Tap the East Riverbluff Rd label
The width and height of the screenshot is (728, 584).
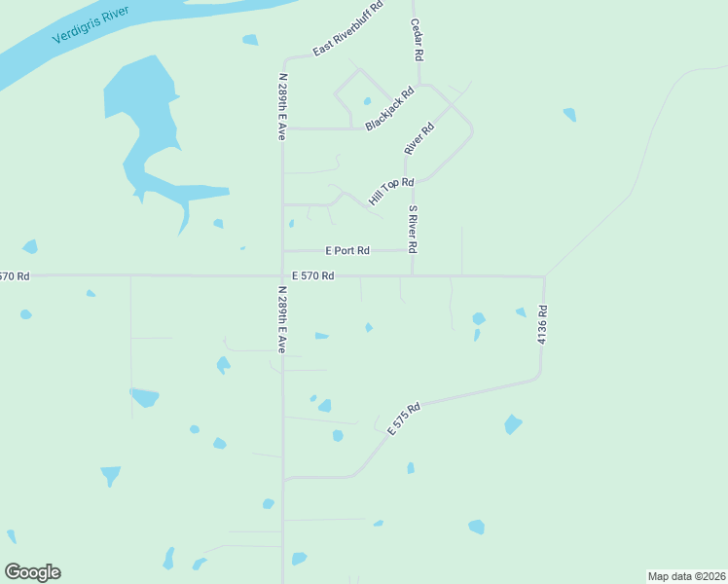click(x=347, y=29)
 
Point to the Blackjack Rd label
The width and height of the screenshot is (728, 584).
click(x=389, y=109)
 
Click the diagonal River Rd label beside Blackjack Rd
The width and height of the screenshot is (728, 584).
click(x=419, y=138)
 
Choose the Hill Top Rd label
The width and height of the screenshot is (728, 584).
click(x=391, y=191)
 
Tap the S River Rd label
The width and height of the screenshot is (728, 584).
click(x=413, y=230)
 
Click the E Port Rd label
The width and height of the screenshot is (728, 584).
click(x=347, y=250)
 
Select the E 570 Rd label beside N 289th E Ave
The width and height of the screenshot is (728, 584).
click(x=312, y=276)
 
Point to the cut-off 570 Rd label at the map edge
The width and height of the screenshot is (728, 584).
click(x=15, y=276)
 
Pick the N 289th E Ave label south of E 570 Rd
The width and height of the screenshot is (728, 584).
click(x=281, y=319)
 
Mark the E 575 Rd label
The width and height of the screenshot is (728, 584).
click(x=403, y=419)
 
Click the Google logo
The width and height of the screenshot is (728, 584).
click(x=32, y=572)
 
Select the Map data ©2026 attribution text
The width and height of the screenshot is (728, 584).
click(x=685, y=575)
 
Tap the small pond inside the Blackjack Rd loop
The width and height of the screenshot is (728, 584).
click(x=367, y=101)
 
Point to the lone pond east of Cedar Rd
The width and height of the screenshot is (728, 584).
click(x=569, y=114)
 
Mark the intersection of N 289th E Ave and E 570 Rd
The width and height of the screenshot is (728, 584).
click(x=282, y=275)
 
